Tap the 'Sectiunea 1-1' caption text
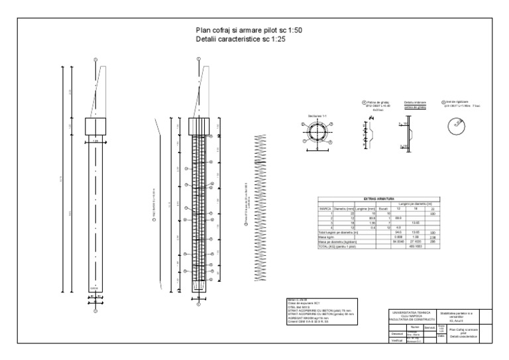317,115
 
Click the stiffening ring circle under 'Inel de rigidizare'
455,124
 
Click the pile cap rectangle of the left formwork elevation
95,126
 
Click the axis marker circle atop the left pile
95,60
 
